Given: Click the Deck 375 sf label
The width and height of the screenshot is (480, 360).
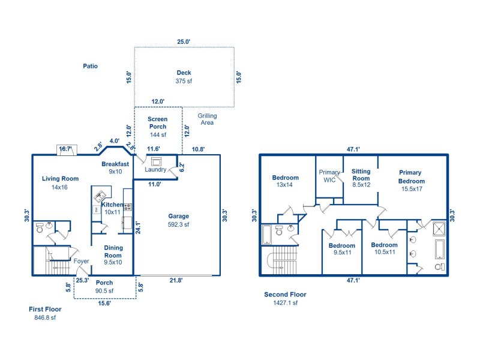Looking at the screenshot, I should pos(184,77).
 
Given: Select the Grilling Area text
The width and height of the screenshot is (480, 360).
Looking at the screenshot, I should pos(208,119).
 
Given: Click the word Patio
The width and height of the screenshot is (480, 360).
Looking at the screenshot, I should pos(90,66).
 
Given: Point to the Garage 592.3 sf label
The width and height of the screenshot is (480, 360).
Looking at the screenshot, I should pos(178,220).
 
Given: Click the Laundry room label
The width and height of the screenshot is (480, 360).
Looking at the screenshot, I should pos(155,170).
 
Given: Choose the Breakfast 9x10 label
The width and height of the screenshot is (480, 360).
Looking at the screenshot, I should pos(115,167).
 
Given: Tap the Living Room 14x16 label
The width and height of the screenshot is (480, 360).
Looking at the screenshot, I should pos(60,182).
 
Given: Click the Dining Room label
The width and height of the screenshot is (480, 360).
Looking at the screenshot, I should pos(113,255).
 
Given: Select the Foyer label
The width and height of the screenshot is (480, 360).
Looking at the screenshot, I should pos(81,262).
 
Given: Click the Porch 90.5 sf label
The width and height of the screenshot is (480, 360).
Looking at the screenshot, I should pos(104,287).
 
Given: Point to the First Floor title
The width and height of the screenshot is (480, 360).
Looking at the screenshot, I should pos(45,313).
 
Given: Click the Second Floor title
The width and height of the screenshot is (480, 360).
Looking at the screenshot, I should pos(285,298).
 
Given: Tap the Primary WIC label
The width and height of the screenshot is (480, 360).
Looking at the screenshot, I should pos(329,175).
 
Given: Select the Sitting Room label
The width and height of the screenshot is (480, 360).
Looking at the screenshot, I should pos(361,178).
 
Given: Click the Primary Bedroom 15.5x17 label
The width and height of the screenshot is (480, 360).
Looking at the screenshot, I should pos(411,181).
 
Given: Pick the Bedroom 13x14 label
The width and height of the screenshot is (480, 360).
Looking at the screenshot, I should pos(285,181).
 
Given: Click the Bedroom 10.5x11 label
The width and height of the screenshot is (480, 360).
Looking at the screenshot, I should pos(384,248).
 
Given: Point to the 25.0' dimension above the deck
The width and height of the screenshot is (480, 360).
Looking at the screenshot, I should pos(184,42).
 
